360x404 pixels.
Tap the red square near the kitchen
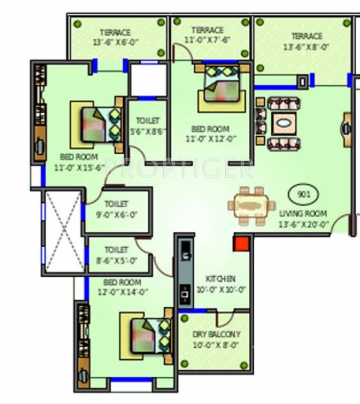click(241, 244)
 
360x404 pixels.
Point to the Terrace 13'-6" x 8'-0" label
click(306, 41)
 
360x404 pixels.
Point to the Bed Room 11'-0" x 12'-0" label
click(210, 134)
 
